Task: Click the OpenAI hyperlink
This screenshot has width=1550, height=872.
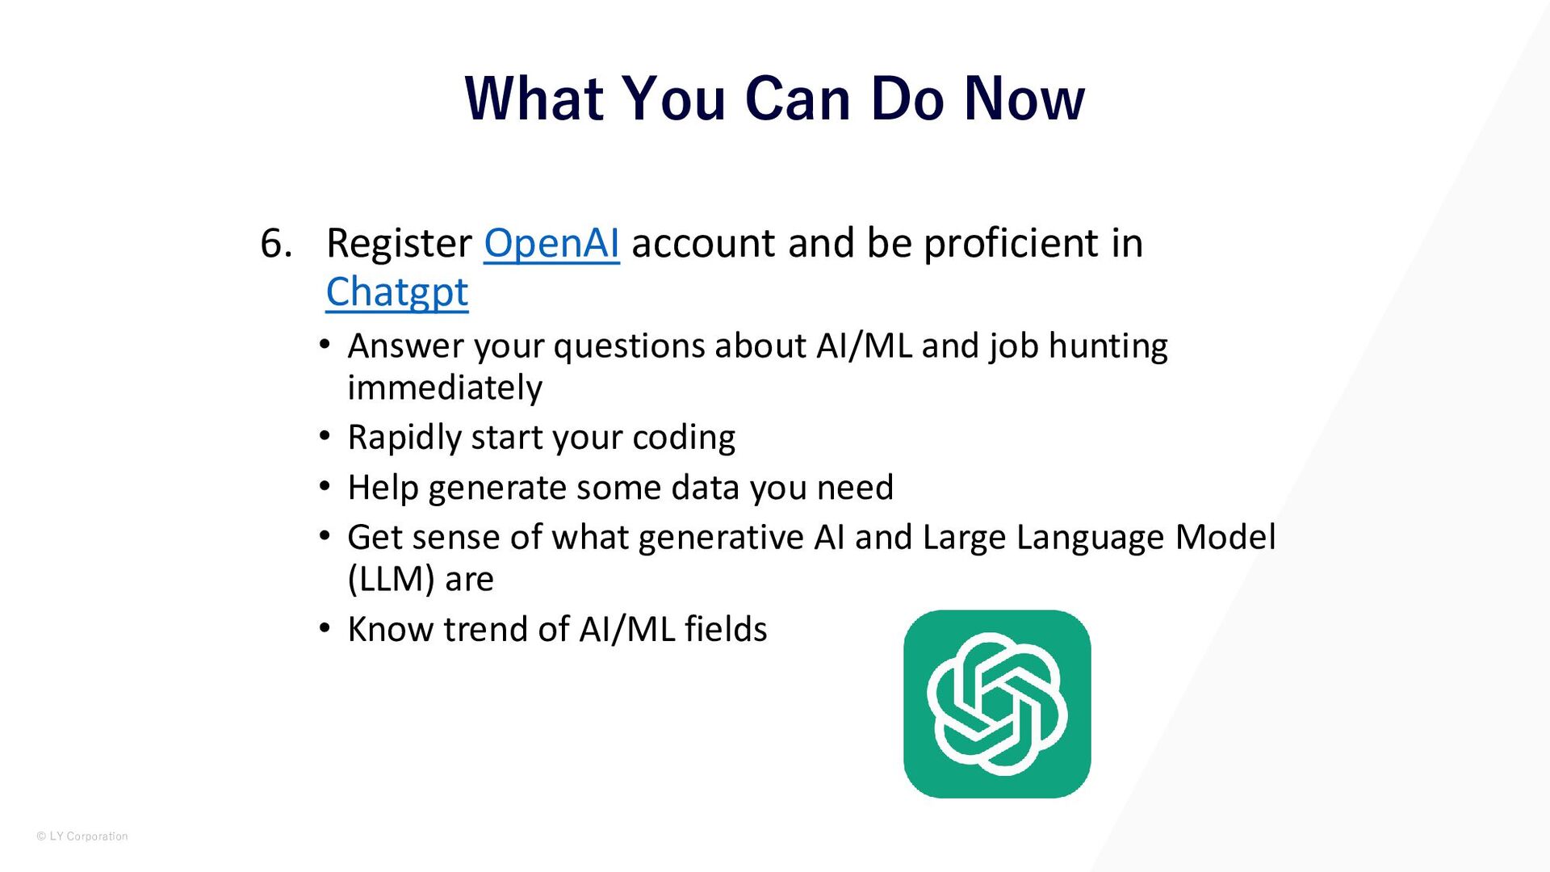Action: point(551,243)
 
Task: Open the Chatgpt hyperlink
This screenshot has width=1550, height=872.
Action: point(397,292)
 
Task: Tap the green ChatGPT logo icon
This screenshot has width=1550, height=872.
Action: point(997,704)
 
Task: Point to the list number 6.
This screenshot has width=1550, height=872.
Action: point(276,243)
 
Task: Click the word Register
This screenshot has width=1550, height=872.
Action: point(399,244)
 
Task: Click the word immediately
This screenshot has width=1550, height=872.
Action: point(445,388)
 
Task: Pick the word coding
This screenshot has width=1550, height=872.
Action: point(684,438)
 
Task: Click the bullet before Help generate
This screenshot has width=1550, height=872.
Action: point(325,487)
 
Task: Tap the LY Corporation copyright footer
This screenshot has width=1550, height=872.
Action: point(82,836)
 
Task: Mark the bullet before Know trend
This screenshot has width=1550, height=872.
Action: point(325,628)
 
